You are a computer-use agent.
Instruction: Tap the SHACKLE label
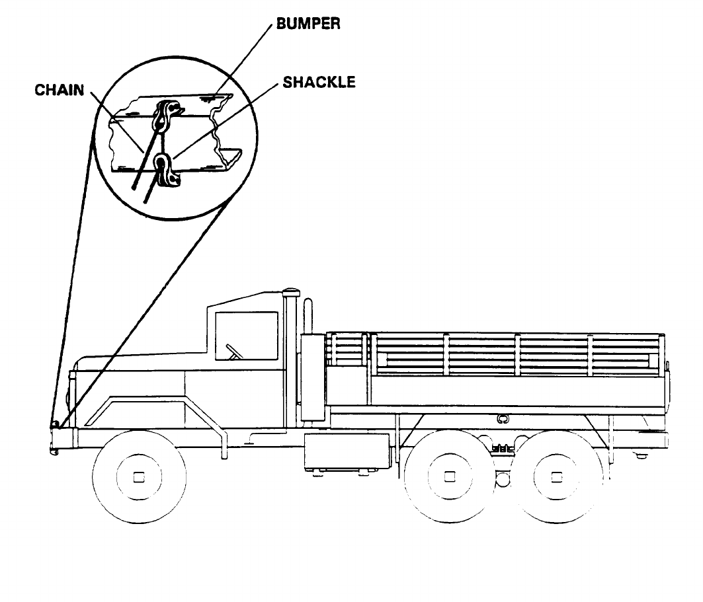click(319, 82)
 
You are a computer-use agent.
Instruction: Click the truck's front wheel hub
click(138, 477)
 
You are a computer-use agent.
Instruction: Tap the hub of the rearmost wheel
click(557, 477)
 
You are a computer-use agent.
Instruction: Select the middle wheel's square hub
click(450, 477)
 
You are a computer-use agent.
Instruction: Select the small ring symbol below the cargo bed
click(501, 418)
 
